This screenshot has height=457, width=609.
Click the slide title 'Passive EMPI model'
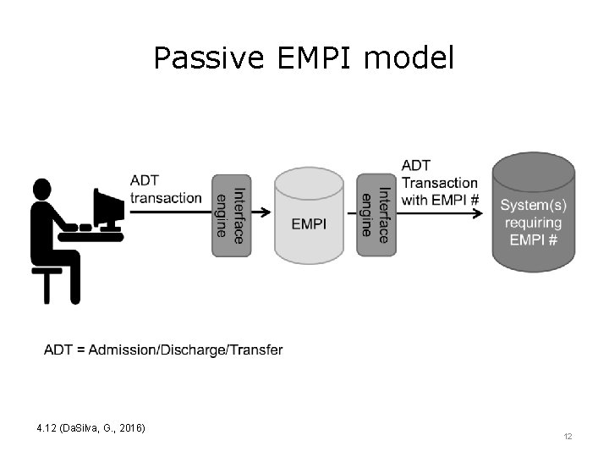click(304, 58)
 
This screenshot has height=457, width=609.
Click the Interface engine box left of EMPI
click(230, 215)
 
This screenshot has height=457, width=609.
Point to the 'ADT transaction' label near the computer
click(166, 190)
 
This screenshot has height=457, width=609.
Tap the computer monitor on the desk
click(107, 207)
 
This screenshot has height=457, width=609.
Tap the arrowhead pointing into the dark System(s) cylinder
click(483, 212)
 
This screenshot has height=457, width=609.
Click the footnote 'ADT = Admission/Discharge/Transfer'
click(163, 350)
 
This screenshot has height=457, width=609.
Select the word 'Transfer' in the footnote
click(258, 350)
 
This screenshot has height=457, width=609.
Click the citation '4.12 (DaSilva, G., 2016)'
click(91, 428)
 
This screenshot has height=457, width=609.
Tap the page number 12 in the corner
click(568, 436)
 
